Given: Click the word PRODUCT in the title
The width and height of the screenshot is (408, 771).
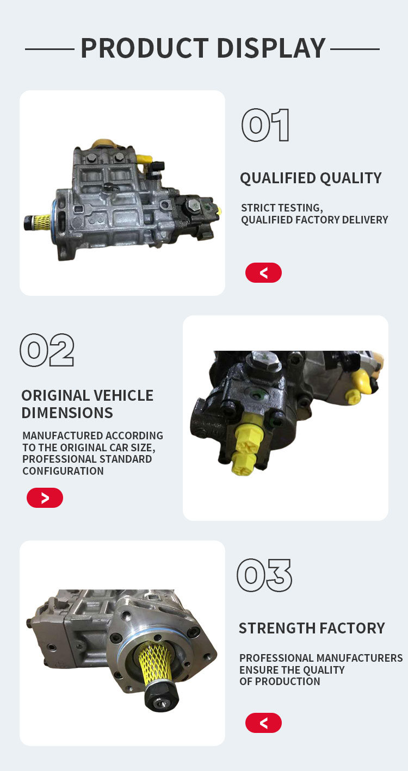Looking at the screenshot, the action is (x=145, y=48).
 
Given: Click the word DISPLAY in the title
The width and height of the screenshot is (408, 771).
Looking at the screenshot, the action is (x=271, y=48).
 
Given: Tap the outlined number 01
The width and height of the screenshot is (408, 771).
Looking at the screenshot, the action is (x=265, y=125).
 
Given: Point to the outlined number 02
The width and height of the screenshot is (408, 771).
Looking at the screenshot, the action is (x=47, y=350).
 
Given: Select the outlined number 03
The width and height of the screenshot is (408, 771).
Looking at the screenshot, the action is (x=264, y=575).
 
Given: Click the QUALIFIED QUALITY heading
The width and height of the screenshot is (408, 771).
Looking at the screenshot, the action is (x=311, y=178).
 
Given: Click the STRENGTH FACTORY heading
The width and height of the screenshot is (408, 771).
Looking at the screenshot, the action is (x=312, y=628).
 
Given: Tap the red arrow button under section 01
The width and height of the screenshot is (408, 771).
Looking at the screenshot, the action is (x=263, y=272).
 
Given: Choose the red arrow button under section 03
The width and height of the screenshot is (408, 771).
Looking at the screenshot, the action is (x=263, y=723).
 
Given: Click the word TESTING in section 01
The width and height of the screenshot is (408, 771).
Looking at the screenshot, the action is (x=301, y=208).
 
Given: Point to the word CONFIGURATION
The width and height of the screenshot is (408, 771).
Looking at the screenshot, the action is (x=63, y=471).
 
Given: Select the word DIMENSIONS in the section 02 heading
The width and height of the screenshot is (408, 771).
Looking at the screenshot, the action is (x=67, y=413).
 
